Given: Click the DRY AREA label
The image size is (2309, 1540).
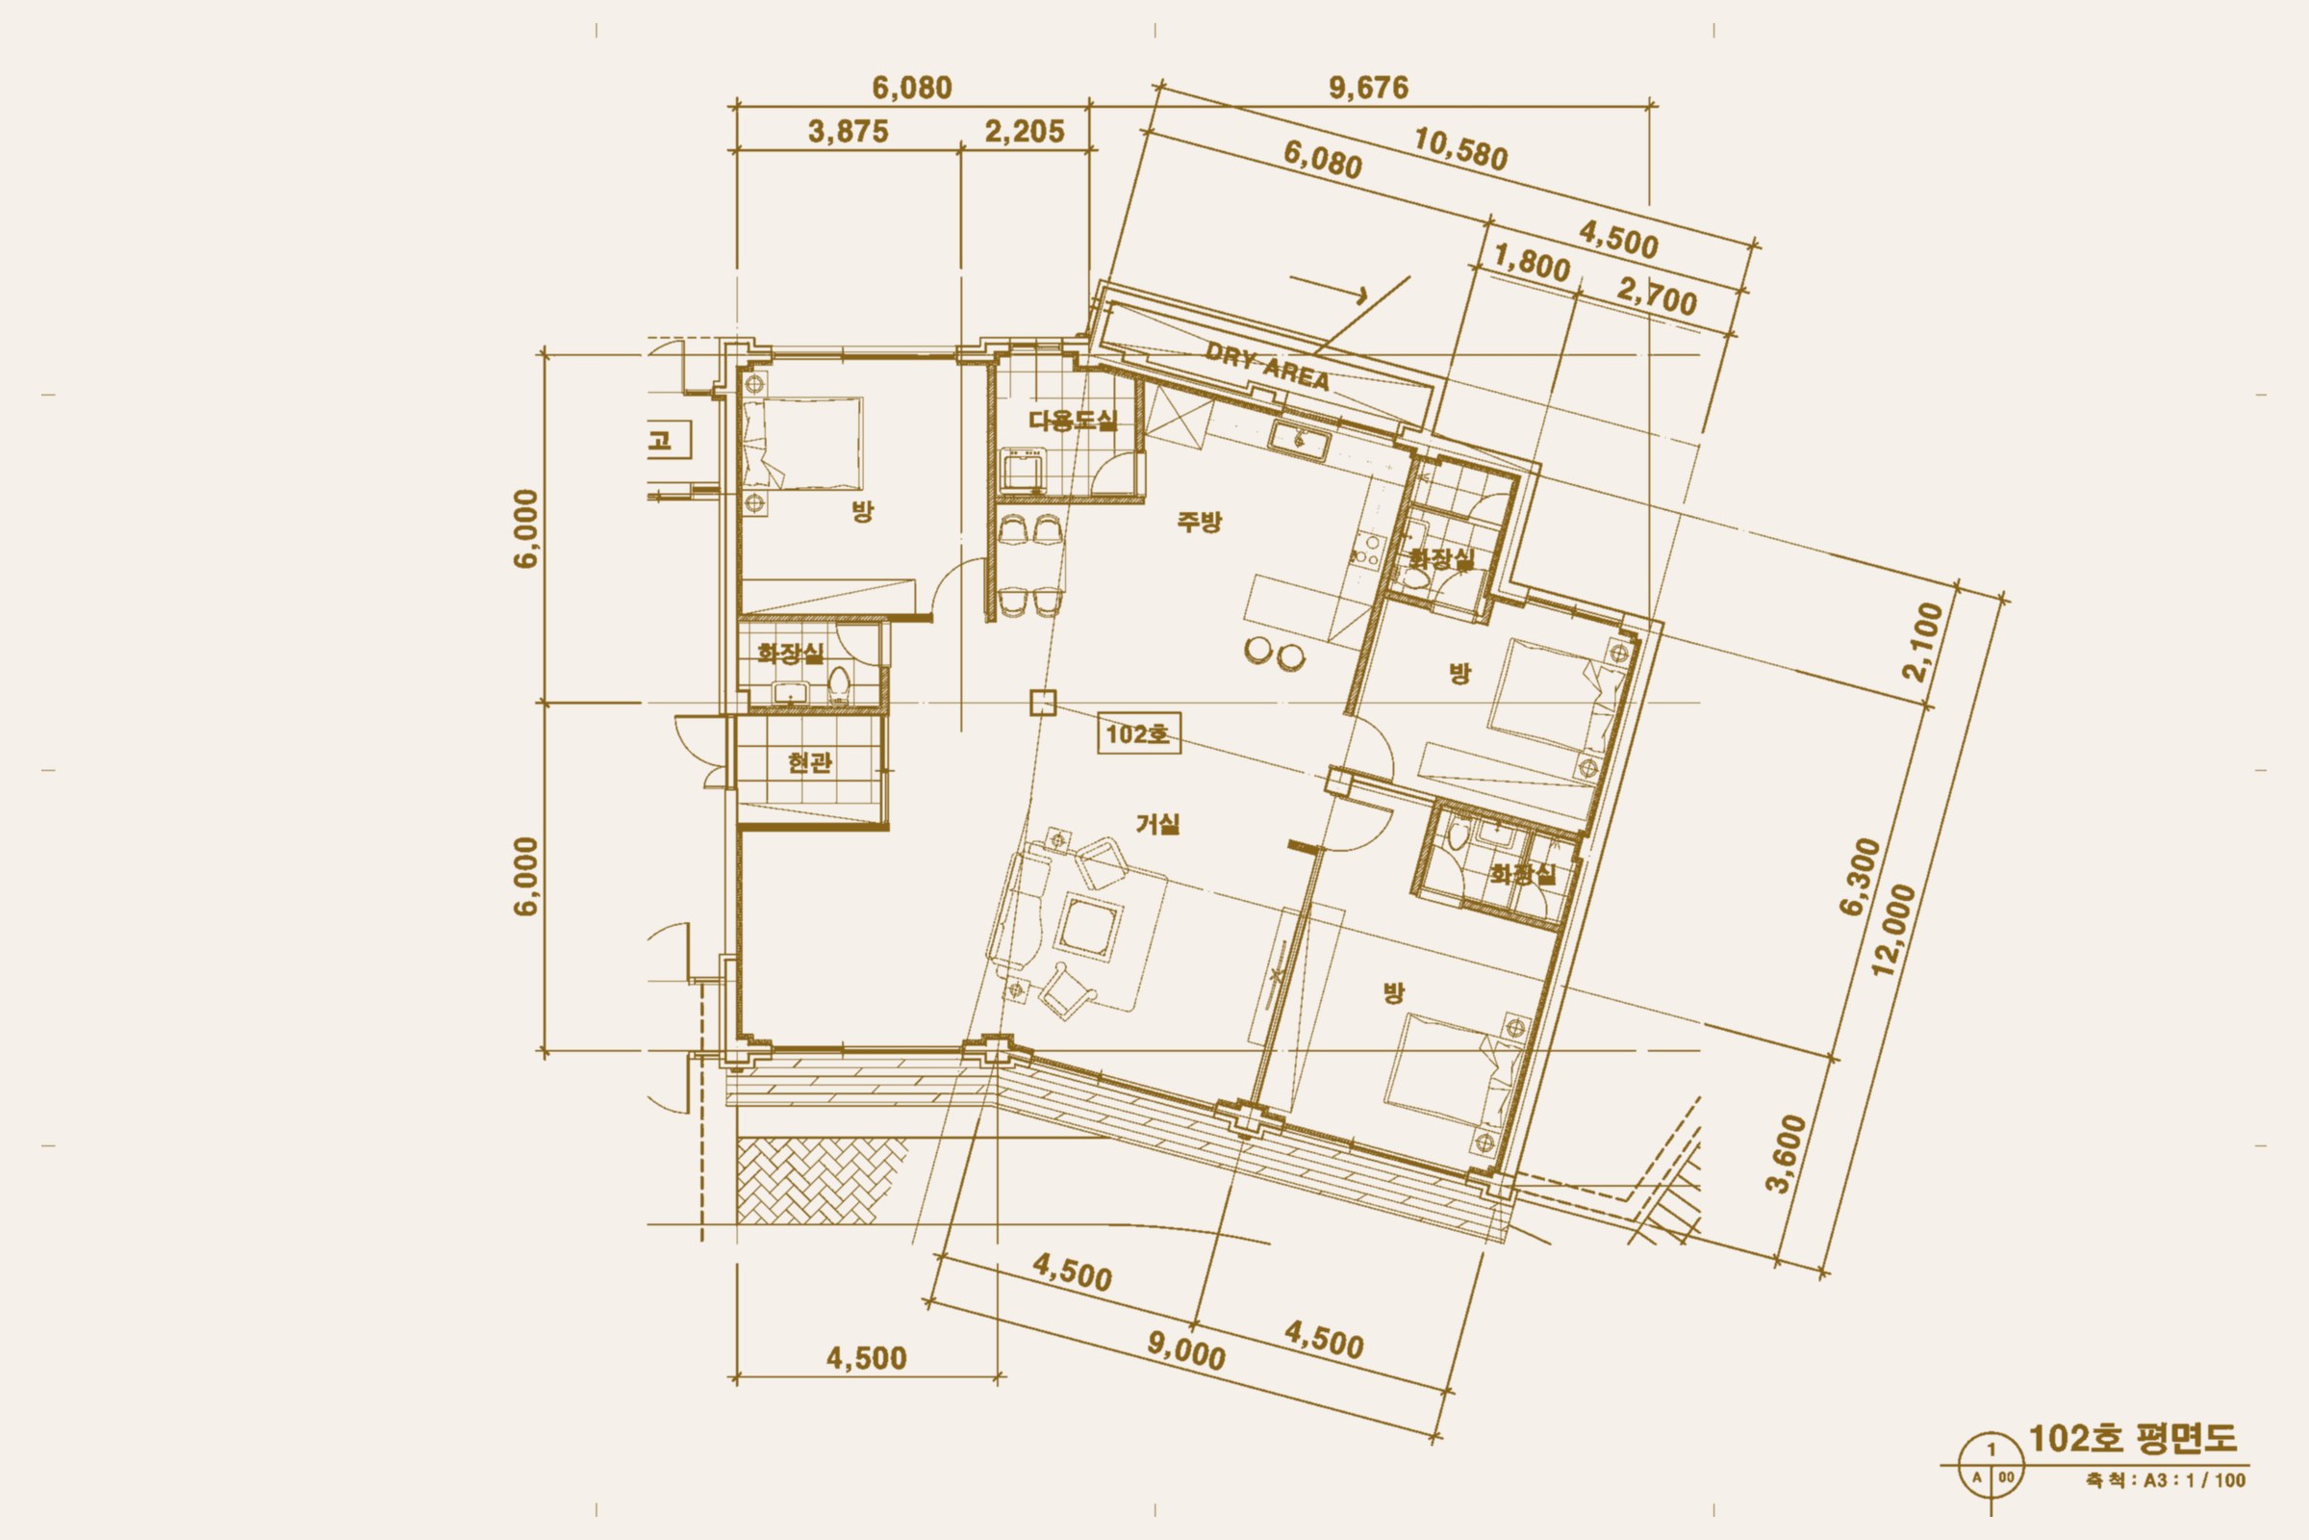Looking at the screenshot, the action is [1267, 367].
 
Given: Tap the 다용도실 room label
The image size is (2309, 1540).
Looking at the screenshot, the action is [1072, 422].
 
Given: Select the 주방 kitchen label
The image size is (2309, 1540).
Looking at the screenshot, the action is [1200, 522].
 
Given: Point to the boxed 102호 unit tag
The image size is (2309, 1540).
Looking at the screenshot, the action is [1139, 734].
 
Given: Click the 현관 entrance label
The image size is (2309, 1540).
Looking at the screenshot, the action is [810, 762].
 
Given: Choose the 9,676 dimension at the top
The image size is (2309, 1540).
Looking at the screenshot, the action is [1368, 89].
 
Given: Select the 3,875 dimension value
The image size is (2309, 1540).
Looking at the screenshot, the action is [849, 132].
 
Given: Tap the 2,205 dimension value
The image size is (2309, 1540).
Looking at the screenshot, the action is [1024, 132].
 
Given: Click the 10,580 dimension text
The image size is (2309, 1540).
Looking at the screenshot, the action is [1459, 151].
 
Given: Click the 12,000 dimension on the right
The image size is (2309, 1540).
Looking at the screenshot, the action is [1893, 929].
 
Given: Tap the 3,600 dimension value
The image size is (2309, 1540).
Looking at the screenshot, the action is [1786, 1153].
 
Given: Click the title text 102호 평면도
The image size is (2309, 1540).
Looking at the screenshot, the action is [2132, 1438].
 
